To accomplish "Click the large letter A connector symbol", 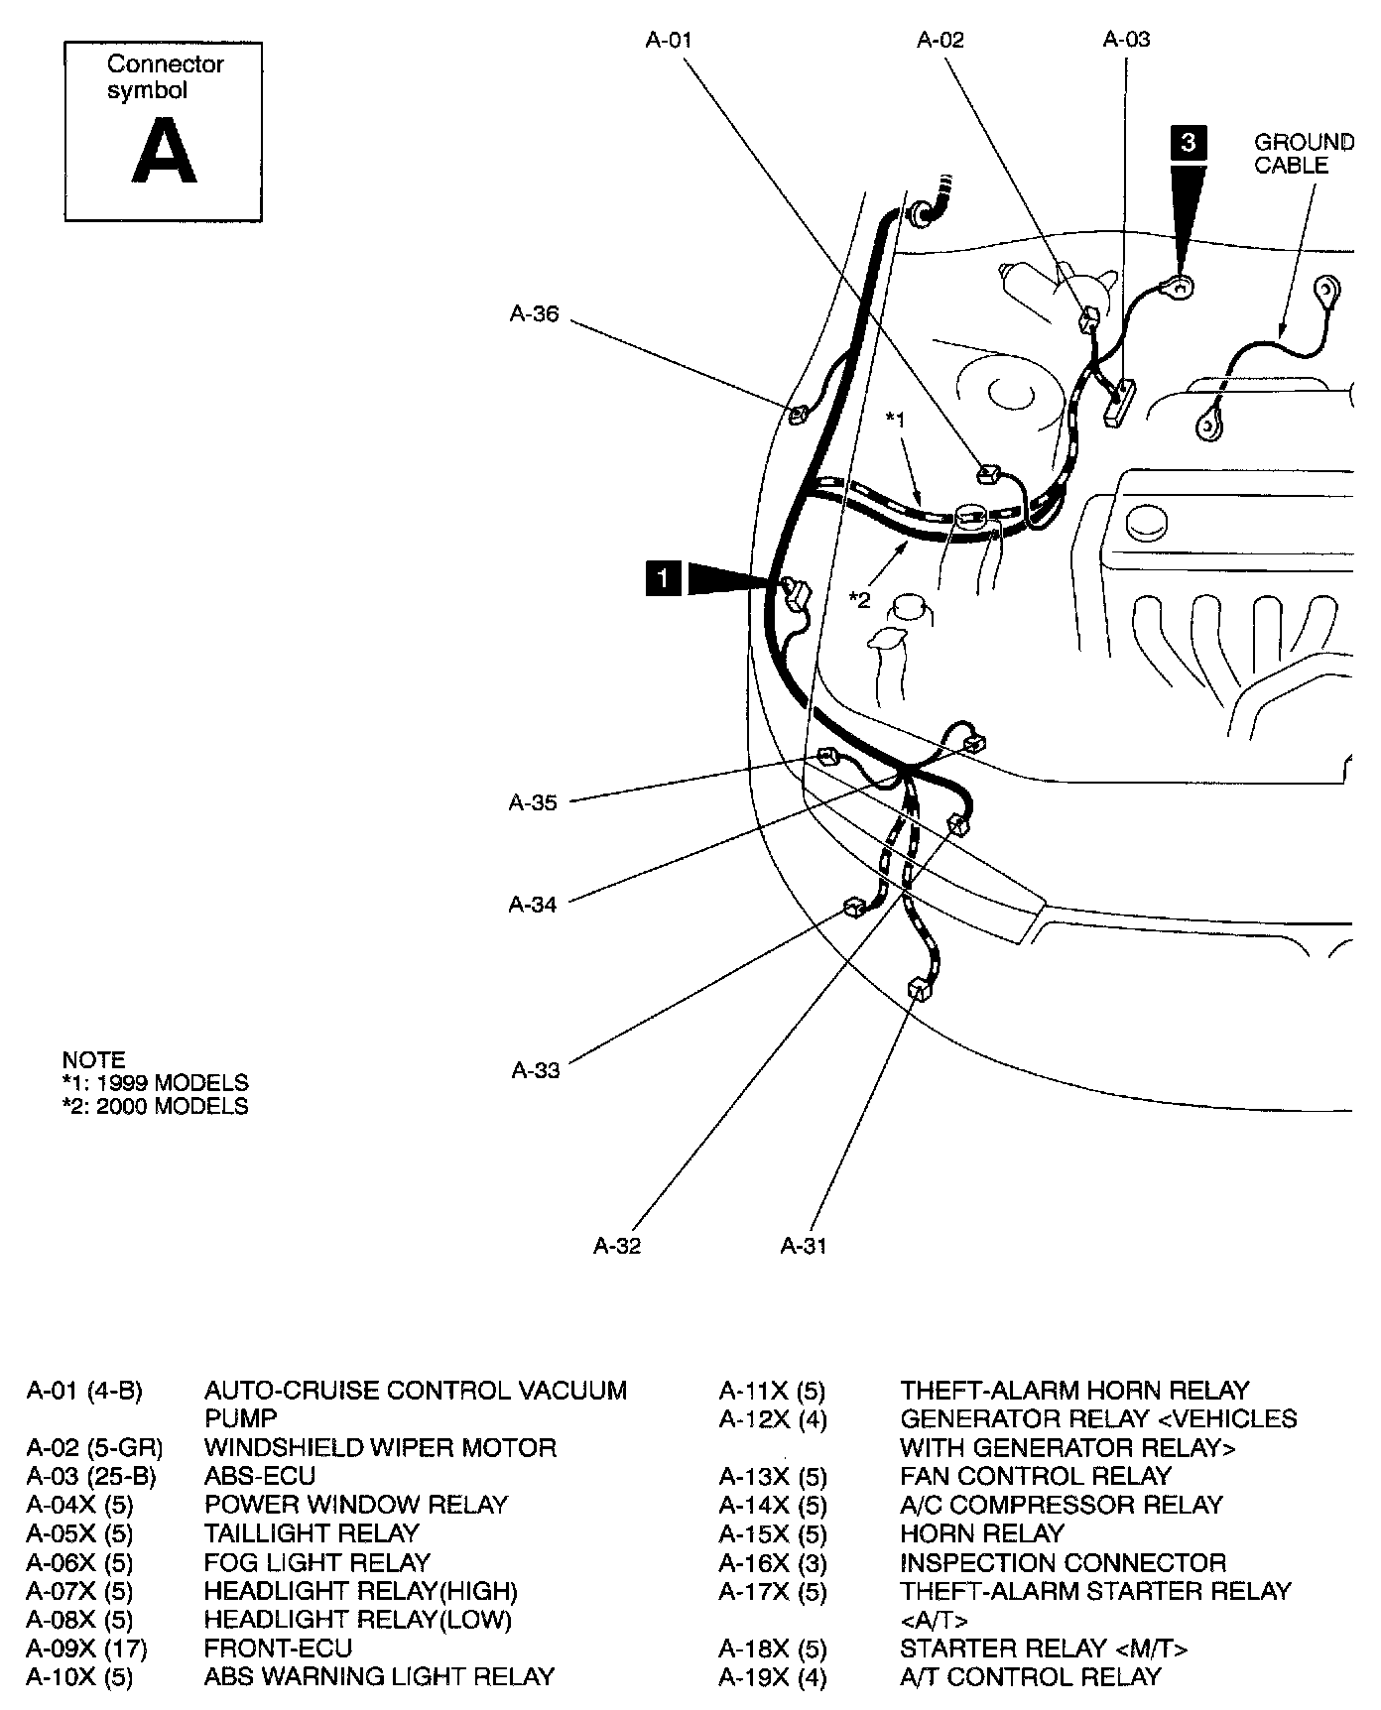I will coord(164,152).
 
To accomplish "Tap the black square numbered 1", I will coord(664,577).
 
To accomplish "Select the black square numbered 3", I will coord(1188,142).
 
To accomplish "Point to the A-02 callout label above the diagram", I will coord(940,40).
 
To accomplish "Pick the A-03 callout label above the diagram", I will coord(1126,40).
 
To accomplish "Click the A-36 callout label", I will coord(534,314).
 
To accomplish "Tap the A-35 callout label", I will coord(533,802).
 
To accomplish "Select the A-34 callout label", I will coord(533,904).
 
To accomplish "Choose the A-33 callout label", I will coord(536,1070).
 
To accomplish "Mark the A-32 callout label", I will coord(617,1246).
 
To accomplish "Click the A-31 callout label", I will coord(803,1246).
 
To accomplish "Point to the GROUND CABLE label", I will coord(1303,154).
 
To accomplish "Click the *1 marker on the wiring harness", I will coord(896,420).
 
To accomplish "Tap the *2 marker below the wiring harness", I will coord(859,599).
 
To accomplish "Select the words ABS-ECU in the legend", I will coord(260,1476).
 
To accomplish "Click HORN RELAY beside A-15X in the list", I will coord(981,1533).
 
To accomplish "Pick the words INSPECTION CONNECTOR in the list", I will coord(1063,1563).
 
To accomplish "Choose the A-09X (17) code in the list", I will coord(86,1649).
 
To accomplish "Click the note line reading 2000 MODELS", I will coord(156,1106).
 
